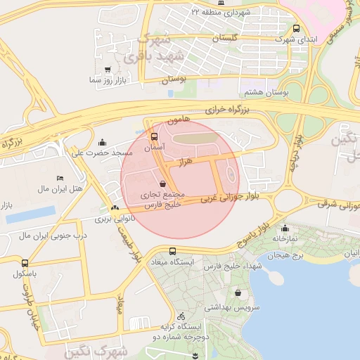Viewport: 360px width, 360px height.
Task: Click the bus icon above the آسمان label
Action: click(x=155, y=136)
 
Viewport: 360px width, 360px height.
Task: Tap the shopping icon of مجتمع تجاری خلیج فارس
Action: click(x=163, y=184)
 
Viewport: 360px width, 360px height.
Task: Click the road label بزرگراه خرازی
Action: click(x=228, y=110)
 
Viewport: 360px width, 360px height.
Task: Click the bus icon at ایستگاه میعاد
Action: click(x=173, y=252)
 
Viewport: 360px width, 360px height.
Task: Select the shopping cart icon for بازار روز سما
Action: click(x=107, y=70)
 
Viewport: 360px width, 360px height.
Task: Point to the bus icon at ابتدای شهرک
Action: click(x=296, y=29)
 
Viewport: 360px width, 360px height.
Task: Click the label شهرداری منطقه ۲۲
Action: click(x=220, y=12)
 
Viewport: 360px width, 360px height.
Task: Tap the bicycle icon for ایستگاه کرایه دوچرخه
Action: click(x=182, y=316)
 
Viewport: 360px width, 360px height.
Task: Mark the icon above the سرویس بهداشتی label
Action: click(x=238, y=292)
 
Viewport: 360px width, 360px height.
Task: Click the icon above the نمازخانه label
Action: click(x=285, y=228)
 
